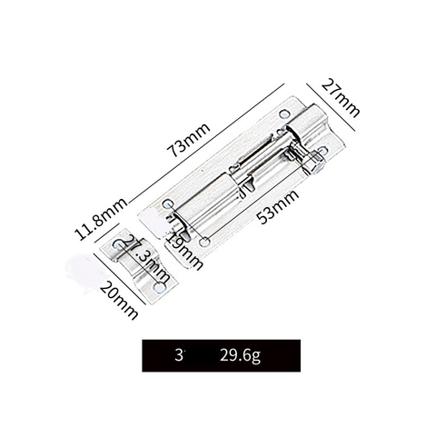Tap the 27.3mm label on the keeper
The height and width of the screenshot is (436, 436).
coord(146,257)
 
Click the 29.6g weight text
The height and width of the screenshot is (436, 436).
coord(239,355)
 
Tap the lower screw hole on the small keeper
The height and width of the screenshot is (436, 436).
coord(159,287)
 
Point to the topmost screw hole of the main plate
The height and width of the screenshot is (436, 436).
coord(284,114)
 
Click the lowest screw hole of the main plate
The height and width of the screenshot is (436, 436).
coord(205,243)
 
